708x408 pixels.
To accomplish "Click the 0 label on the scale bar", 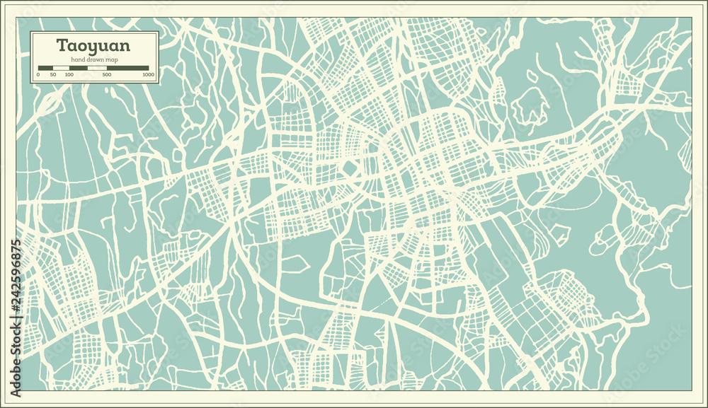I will click(38, 74).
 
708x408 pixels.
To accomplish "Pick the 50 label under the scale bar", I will click(54, 74).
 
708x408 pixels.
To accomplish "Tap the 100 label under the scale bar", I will click(69, 74).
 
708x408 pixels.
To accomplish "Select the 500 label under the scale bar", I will click(106, 74).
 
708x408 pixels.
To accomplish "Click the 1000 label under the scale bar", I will click(148, 74).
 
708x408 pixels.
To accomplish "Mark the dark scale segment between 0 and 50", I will click(46, 68).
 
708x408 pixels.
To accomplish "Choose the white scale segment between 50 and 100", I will click(62, 68).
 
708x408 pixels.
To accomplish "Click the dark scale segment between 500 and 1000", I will click(127, 68).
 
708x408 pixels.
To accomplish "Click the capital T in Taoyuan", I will click(62, 46).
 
